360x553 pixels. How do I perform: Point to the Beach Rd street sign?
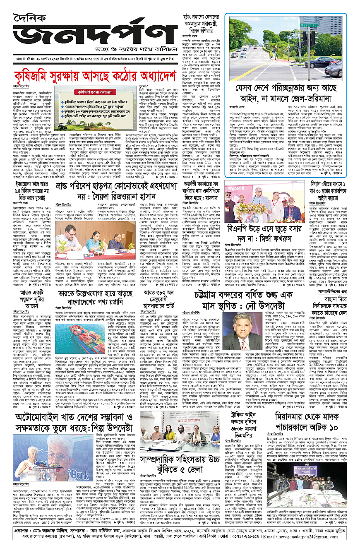click(309, 26)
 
